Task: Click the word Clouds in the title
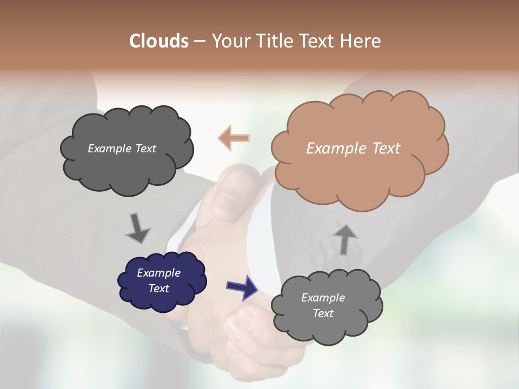click(158, 41)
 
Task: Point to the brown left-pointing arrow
click(234, 138)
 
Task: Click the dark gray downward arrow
click(137, 227)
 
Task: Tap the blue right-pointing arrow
click(242, 286)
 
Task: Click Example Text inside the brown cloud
click(353, 149)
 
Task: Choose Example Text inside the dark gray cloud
click(122, 148)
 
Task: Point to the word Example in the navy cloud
click(158, 273)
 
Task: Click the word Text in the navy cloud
click(158, 289)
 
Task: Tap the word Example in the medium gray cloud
click(323, 298)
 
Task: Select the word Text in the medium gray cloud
click(323, 313)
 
